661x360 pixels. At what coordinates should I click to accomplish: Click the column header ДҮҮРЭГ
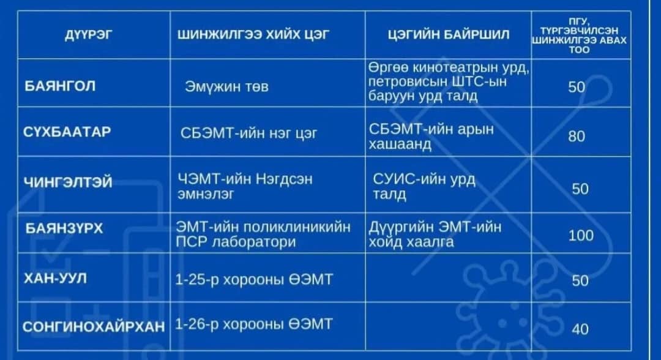(89, 34)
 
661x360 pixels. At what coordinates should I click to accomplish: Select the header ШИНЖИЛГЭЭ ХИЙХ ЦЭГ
(253, 34)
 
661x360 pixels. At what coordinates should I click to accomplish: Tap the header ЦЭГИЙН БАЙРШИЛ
(449, 34)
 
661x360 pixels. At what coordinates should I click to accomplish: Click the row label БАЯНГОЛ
(60, 86)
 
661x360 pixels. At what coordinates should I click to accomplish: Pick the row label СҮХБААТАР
(67, 132)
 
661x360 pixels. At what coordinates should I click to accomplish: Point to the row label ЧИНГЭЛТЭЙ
(68, 182)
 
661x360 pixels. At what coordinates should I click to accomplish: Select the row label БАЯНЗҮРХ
(64, 228)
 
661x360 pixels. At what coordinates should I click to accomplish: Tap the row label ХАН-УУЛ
(55, 279)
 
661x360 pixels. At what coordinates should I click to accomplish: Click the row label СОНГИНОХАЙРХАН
(94, 327)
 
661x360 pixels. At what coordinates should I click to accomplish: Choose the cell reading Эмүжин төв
(226, 87)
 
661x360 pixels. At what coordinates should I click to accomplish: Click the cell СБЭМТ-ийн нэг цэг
(248, 133)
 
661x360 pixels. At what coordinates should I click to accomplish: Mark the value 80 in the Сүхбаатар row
(577, 136)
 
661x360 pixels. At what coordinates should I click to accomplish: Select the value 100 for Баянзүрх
(581, 235)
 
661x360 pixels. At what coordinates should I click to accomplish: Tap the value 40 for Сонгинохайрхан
(580, 329)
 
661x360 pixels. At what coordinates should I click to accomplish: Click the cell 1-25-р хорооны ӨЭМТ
(254, 279)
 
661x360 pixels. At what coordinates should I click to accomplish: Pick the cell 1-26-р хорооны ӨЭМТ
(254, 324)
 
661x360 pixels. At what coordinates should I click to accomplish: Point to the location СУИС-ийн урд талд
(424, 186)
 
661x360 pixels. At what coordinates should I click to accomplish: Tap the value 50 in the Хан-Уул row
(580, 280)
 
